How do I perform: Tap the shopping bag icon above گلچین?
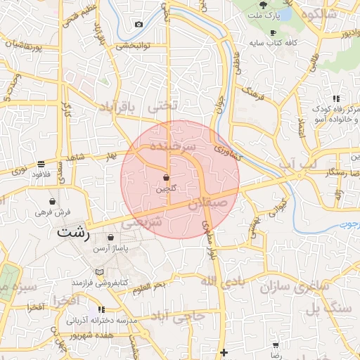(x=166, y=178)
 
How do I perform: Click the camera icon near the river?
(x=139, y=25)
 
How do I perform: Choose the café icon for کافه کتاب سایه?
(x=272, y=32)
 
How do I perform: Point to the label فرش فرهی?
(x=53, y=212)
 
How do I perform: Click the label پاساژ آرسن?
(x=115, y=248)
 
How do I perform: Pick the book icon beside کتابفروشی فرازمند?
(x=99, y=272)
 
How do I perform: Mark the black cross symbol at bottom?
(x=224, y=352)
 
